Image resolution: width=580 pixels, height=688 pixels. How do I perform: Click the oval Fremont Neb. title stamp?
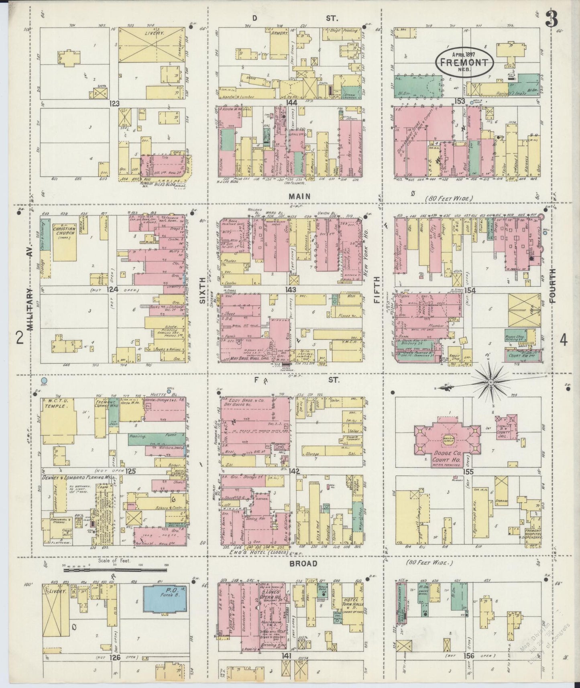[x=464, y=62]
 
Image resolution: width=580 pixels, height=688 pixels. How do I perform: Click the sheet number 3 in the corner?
[x=553, y=18]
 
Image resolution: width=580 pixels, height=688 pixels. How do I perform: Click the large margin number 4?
[x=564, y=340]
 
